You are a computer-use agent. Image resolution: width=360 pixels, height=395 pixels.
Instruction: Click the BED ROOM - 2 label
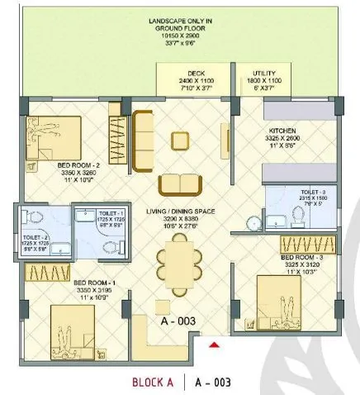(78, 165)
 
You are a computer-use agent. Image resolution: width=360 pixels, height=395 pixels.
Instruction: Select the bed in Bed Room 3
(288, 301)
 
